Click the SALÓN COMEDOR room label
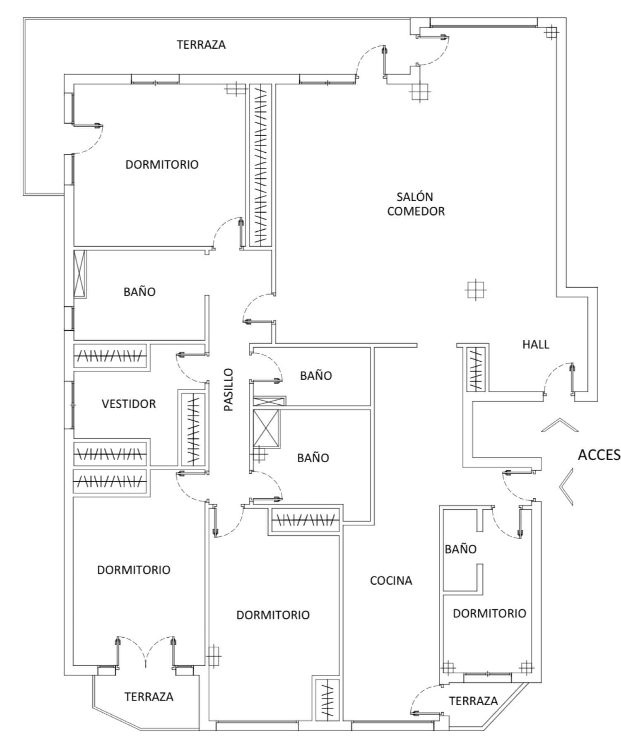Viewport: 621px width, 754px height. tap(416, 204)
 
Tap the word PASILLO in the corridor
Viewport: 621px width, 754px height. tap(229, 389)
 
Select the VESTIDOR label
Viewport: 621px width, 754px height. tap(129, 404)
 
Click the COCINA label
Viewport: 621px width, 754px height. tap(391, 581)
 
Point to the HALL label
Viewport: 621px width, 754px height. tap(536, 344)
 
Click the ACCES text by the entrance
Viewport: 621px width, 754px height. tap(599, 455)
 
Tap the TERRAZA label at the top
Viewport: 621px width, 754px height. tap(201, 45)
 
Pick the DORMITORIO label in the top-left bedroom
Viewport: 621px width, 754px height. tap(162, 165)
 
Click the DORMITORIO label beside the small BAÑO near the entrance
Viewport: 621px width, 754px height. tap(489, 613)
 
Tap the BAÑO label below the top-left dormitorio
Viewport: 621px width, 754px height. tap(140, 292)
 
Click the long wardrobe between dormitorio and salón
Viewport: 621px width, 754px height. tap(260, 166)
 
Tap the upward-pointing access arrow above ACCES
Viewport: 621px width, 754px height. tap(559, 425)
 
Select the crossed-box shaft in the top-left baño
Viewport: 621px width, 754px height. tap(79, 274)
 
